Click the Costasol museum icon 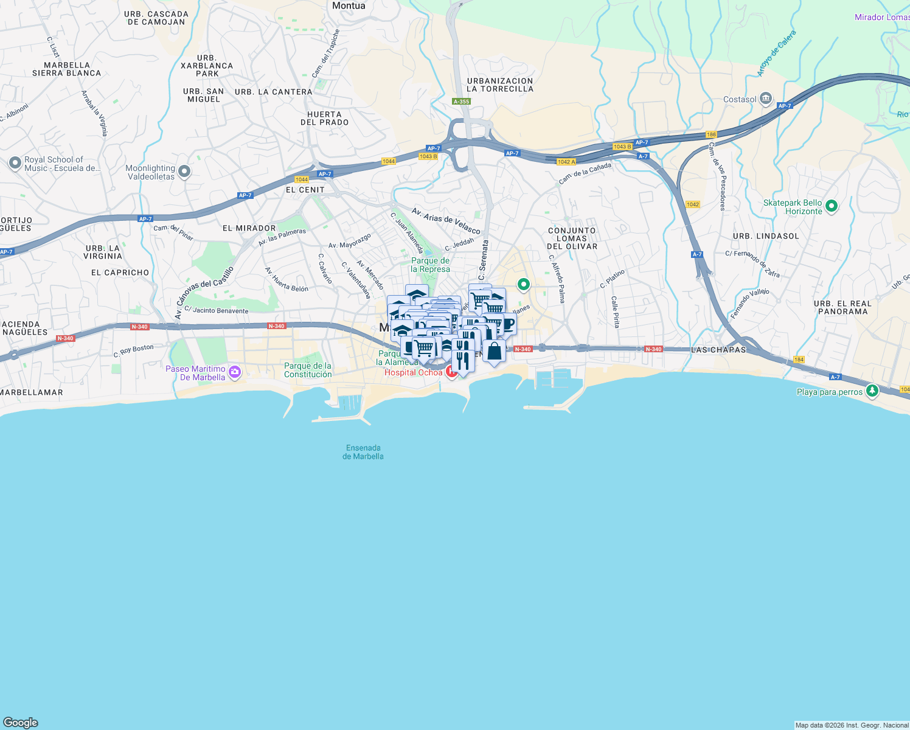[x=766, y=99]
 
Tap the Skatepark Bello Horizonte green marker [x=832, y=207]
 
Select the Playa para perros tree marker [x=872, y=391]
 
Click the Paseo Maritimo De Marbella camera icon [x=235, y=372]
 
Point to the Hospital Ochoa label [x=413, y=372]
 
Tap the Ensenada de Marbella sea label [x=363, y=452]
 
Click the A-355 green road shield [x=461, y=102]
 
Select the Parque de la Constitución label [x=308, y=370]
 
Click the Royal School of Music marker [x=15, y=163]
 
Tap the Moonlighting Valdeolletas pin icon [x=184, y=172]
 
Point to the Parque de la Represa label [x=430, y=265]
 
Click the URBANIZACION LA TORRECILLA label [x=500, y=85]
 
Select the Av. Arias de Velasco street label [x=446, y=221]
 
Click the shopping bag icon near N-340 [x=494, y=352]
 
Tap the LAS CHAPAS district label [x=718, y=350]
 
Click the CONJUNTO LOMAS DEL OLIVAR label [x=572, y=238]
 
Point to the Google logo [x=20, y=723]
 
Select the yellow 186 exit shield [x=711, y=134]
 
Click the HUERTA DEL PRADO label [x=325, y=118]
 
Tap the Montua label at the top [x=349, y=5]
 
